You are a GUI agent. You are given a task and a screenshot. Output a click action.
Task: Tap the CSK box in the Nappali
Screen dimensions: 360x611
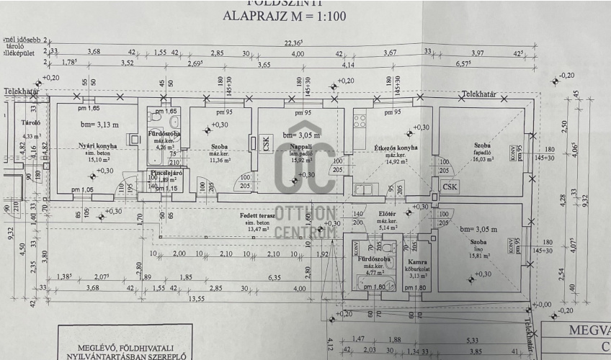pos(266,143)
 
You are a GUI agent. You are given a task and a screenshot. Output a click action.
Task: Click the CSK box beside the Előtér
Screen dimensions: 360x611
pos(451,187)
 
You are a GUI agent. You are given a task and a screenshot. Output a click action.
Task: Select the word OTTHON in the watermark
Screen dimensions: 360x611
pos(305,214)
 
